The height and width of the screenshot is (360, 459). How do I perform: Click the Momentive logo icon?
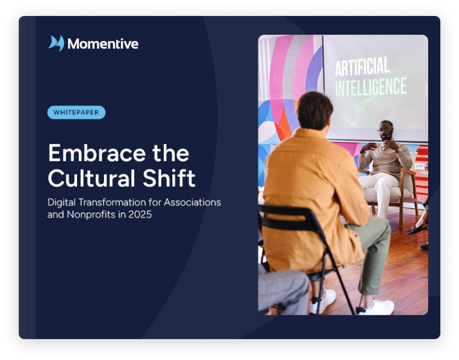[x=56, y=43]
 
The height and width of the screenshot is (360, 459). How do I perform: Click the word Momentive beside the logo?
[x=103, y=44]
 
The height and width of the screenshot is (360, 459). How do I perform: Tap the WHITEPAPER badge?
[x=76, y=112]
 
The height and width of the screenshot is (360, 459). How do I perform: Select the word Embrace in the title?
[x=97, y=153]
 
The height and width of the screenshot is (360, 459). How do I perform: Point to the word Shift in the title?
[x=169, y=178]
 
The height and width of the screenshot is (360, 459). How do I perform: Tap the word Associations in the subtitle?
[x=192, y=202]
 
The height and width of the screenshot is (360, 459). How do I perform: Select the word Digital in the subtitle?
[x=62, y=202]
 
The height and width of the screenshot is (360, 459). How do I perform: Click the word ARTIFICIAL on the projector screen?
[x=362, y=67]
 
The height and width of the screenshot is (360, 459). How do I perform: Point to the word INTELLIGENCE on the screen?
[x=371, y=87]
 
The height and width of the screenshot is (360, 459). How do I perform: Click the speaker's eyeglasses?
[x=384, y=129]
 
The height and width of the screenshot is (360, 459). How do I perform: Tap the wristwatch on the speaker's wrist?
[x=398, y=150]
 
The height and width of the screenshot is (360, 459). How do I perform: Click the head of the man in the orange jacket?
[x=314, y=111]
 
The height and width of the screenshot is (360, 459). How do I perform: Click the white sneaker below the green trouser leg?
[x=375, y=307]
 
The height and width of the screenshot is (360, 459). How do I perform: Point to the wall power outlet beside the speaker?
[x=419, y=167]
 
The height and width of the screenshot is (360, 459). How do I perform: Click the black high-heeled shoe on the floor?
[x=417, y=228]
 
